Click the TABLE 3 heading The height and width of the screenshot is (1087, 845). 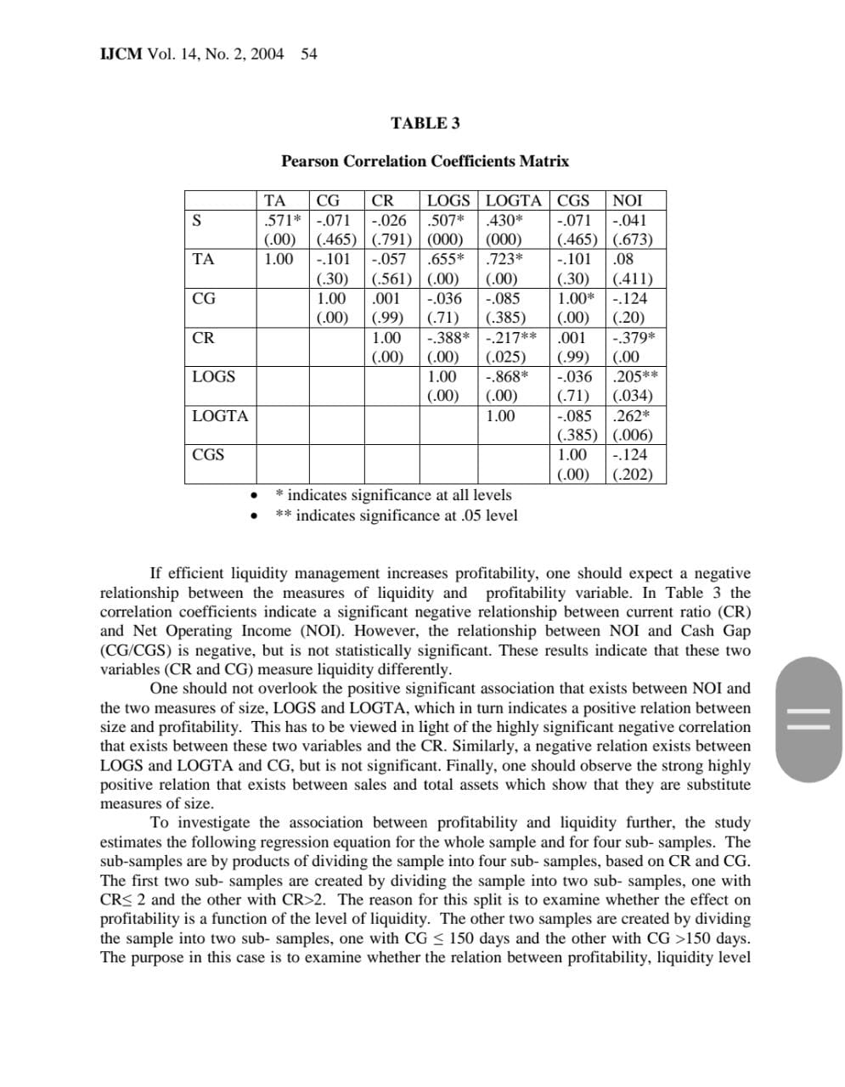click(425, 123)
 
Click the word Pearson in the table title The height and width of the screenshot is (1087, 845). click(310, 161)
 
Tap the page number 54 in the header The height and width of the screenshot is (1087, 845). click(309, 54)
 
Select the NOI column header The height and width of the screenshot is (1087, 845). click(628, 201)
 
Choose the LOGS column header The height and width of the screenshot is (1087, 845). click(448, 201)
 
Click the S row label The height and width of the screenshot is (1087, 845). click(197, 221)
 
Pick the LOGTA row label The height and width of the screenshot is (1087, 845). click(220, 416)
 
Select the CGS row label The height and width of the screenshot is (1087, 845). click(208, 455)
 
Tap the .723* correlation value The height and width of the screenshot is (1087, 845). click(504, 260)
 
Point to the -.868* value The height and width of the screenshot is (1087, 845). click(507, 376)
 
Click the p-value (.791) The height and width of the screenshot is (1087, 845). click(392, 240)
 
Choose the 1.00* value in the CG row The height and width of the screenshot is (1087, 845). click(577, 299)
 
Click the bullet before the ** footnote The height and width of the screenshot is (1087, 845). click(252, 516)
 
